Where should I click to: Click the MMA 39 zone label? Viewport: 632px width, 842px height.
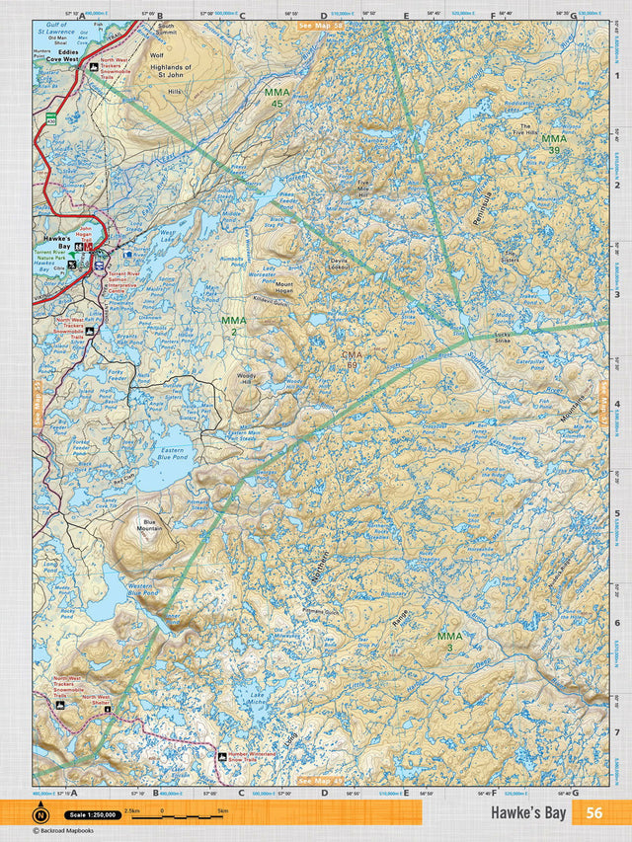pos(555,145)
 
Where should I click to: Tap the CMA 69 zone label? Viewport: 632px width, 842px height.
pos(351,360)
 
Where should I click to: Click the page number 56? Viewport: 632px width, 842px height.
pos(593,813)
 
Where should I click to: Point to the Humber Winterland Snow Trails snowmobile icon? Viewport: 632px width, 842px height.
pos(222,757)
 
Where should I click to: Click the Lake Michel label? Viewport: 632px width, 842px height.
pos(257,700)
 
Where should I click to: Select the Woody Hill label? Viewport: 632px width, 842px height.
pos(246,378)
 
